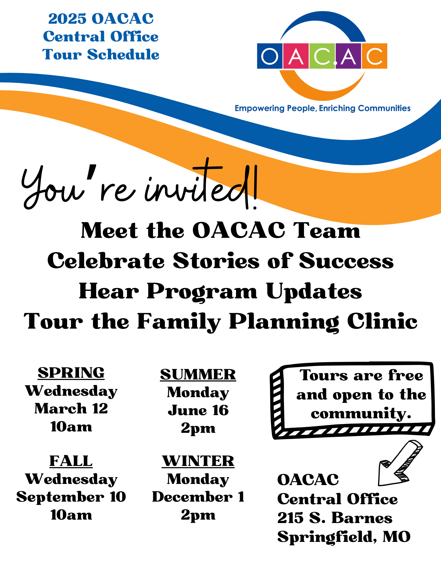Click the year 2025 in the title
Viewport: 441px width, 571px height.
(x=67, y=19)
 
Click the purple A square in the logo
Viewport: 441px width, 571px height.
(x=349, y=56)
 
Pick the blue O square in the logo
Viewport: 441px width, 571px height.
(x=270, y=56)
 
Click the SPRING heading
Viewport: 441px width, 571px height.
(x=71, y=373)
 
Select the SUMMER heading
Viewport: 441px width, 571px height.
(x=198, y=375)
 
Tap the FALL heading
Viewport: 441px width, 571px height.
(x=71, y=461)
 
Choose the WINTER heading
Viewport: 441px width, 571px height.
(x=198, y=461)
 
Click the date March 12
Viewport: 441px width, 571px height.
(x=71, y=409)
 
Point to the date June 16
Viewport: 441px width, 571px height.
(x=198, y=410)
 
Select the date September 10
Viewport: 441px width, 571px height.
(x=71, y=497)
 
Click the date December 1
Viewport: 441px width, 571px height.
(x=198, y=497)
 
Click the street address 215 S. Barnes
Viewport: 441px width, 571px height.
(x=335, y=518)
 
